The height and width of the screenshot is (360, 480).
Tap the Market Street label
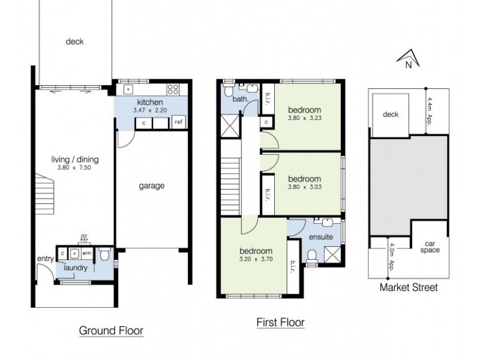409,287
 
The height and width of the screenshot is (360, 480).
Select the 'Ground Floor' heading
112,331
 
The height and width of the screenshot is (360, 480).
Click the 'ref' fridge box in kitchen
178,122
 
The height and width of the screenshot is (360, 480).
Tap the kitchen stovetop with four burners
173,90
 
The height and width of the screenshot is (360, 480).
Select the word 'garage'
152,186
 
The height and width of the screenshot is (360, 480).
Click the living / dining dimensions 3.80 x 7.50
74,168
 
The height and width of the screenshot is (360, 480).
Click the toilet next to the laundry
106,256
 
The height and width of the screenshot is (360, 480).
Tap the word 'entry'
46,259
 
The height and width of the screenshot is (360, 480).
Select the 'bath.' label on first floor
240,99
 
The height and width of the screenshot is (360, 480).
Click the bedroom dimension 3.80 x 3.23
304,119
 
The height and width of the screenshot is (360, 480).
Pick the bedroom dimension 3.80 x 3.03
304,187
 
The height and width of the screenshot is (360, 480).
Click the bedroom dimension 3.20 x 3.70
256,259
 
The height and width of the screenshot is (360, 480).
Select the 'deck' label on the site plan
391,114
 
